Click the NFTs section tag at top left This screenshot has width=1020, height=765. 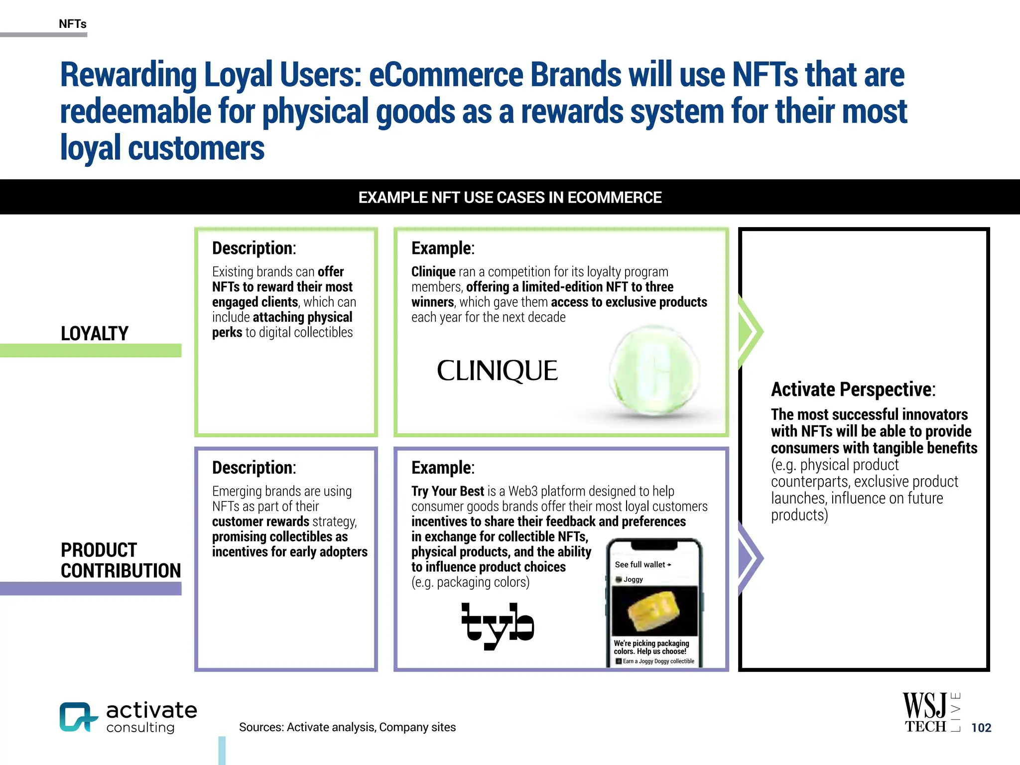(73, 24)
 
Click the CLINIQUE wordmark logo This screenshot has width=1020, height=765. (497, 371)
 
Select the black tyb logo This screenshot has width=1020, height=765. (497, 625)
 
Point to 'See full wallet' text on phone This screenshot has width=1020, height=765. (642, 565)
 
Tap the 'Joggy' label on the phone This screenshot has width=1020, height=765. (633, 580)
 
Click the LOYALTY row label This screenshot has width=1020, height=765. (95, 333)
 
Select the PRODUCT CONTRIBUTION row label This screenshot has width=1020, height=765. (121, 560)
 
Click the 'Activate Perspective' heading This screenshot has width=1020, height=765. (853, 389)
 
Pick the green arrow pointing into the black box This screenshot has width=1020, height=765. (750, 331)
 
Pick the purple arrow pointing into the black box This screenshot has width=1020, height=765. (750, 558)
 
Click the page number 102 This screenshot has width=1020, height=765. (981, 728)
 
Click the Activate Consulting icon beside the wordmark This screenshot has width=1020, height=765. (78, 717)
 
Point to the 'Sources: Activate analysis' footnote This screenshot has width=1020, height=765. (347, 727)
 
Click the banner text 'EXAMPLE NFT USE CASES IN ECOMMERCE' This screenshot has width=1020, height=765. (510, 198)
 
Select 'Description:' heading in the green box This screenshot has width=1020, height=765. (254, 248)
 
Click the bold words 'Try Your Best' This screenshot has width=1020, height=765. (447, 491)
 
